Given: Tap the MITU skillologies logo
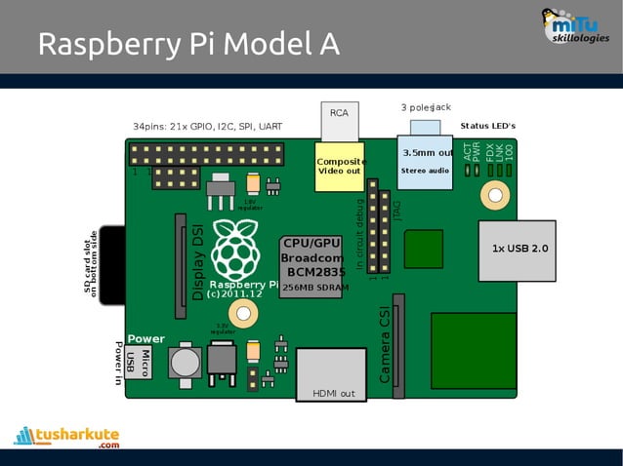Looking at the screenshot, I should point(578,26).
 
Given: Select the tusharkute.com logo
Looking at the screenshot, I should point(67,435).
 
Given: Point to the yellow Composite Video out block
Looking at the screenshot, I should point(340,167).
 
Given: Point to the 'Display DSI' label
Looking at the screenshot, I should point(198,262).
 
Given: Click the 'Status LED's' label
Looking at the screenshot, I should point(487,126).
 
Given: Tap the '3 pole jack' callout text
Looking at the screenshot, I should point(426,106).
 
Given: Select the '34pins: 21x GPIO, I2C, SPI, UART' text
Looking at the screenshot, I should point(207,127).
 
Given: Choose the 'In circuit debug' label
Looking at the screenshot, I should point(359,233).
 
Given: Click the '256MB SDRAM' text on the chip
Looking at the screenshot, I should point(314,289).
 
